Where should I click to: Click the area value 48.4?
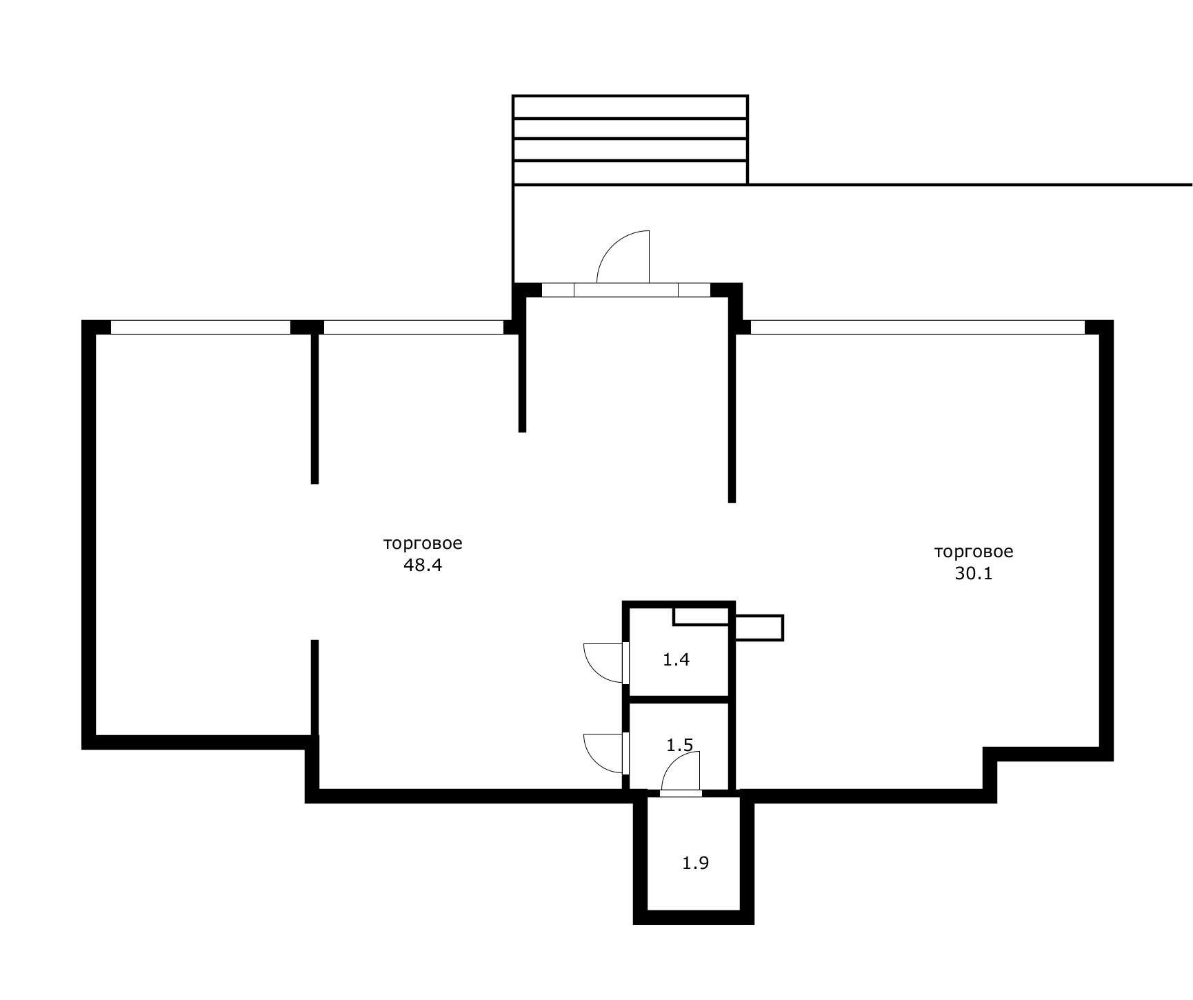422,566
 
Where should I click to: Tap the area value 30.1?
974,574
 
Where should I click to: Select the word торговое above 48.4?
423,543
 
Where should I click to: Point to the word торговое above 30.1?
974,552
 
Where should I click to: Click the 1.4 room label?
676,660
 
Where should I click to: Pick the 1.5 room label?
680,746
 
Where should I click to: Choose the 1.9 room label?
696,863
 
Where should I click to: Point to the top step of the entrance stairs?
630,107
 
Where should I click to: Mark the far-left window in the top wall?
201,327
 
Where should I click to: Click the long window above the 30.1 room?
918,327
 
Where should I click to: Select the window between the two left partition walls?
414,327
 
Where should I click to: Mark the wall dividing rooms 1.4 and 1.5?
679,699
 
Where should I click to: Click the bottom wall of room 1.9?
694,917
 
